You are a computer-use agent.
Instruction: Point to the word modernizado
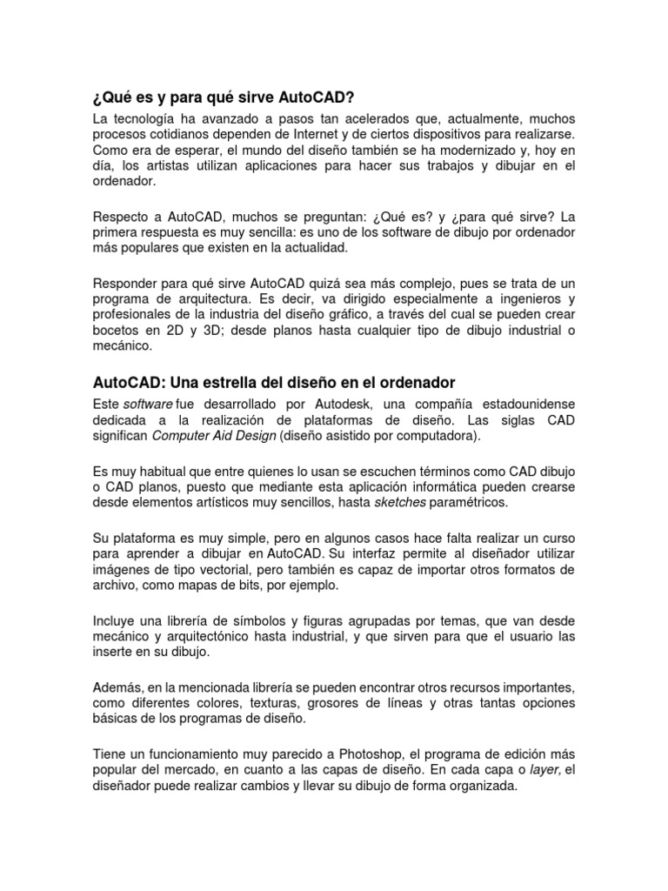tap(477, 151)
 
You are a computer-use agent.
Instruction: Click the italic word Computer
tap(182, 436)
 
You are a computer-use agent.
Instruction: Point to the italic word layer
tap(544, 770)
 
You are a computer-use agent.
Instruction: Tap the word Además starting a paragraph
tap(116, 687)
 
